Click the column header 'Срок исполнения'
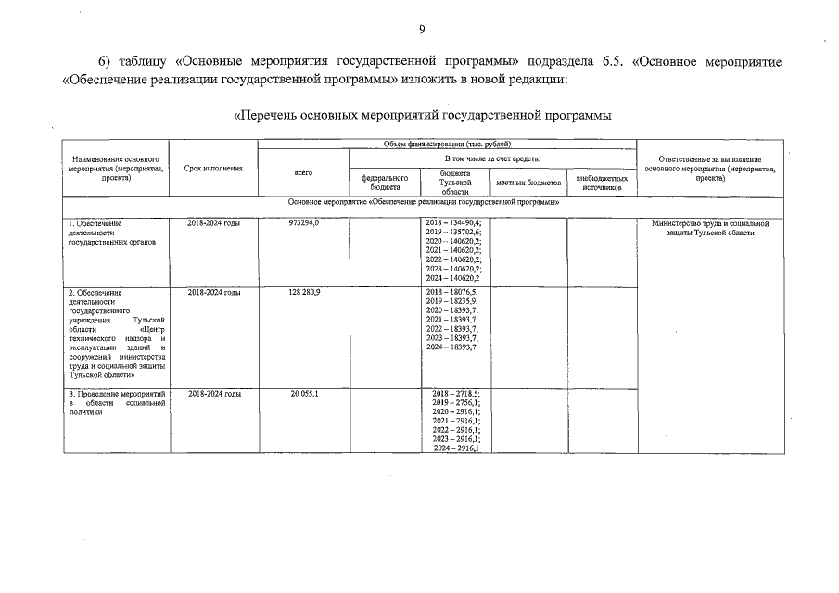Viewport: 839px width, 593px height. click(213, 169)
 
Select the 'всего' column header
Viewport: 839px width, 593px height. click(303, 173)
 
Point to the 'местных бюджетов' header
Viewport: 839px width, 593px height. click(528, 183)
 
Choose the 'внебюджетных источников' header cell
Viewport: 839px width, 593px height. click(602, 183)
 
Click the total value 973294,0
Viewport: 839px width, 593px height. click(304, 223)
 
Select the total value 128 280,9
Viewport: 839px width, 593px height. click(304, 292)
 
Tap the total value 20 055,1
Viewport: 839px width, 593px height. click(304, 394)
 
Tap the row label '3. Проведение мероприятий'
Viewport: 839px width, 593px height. click(116, 394)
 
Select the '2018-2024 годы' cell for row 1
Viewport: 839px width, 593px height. click(214, 223)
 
